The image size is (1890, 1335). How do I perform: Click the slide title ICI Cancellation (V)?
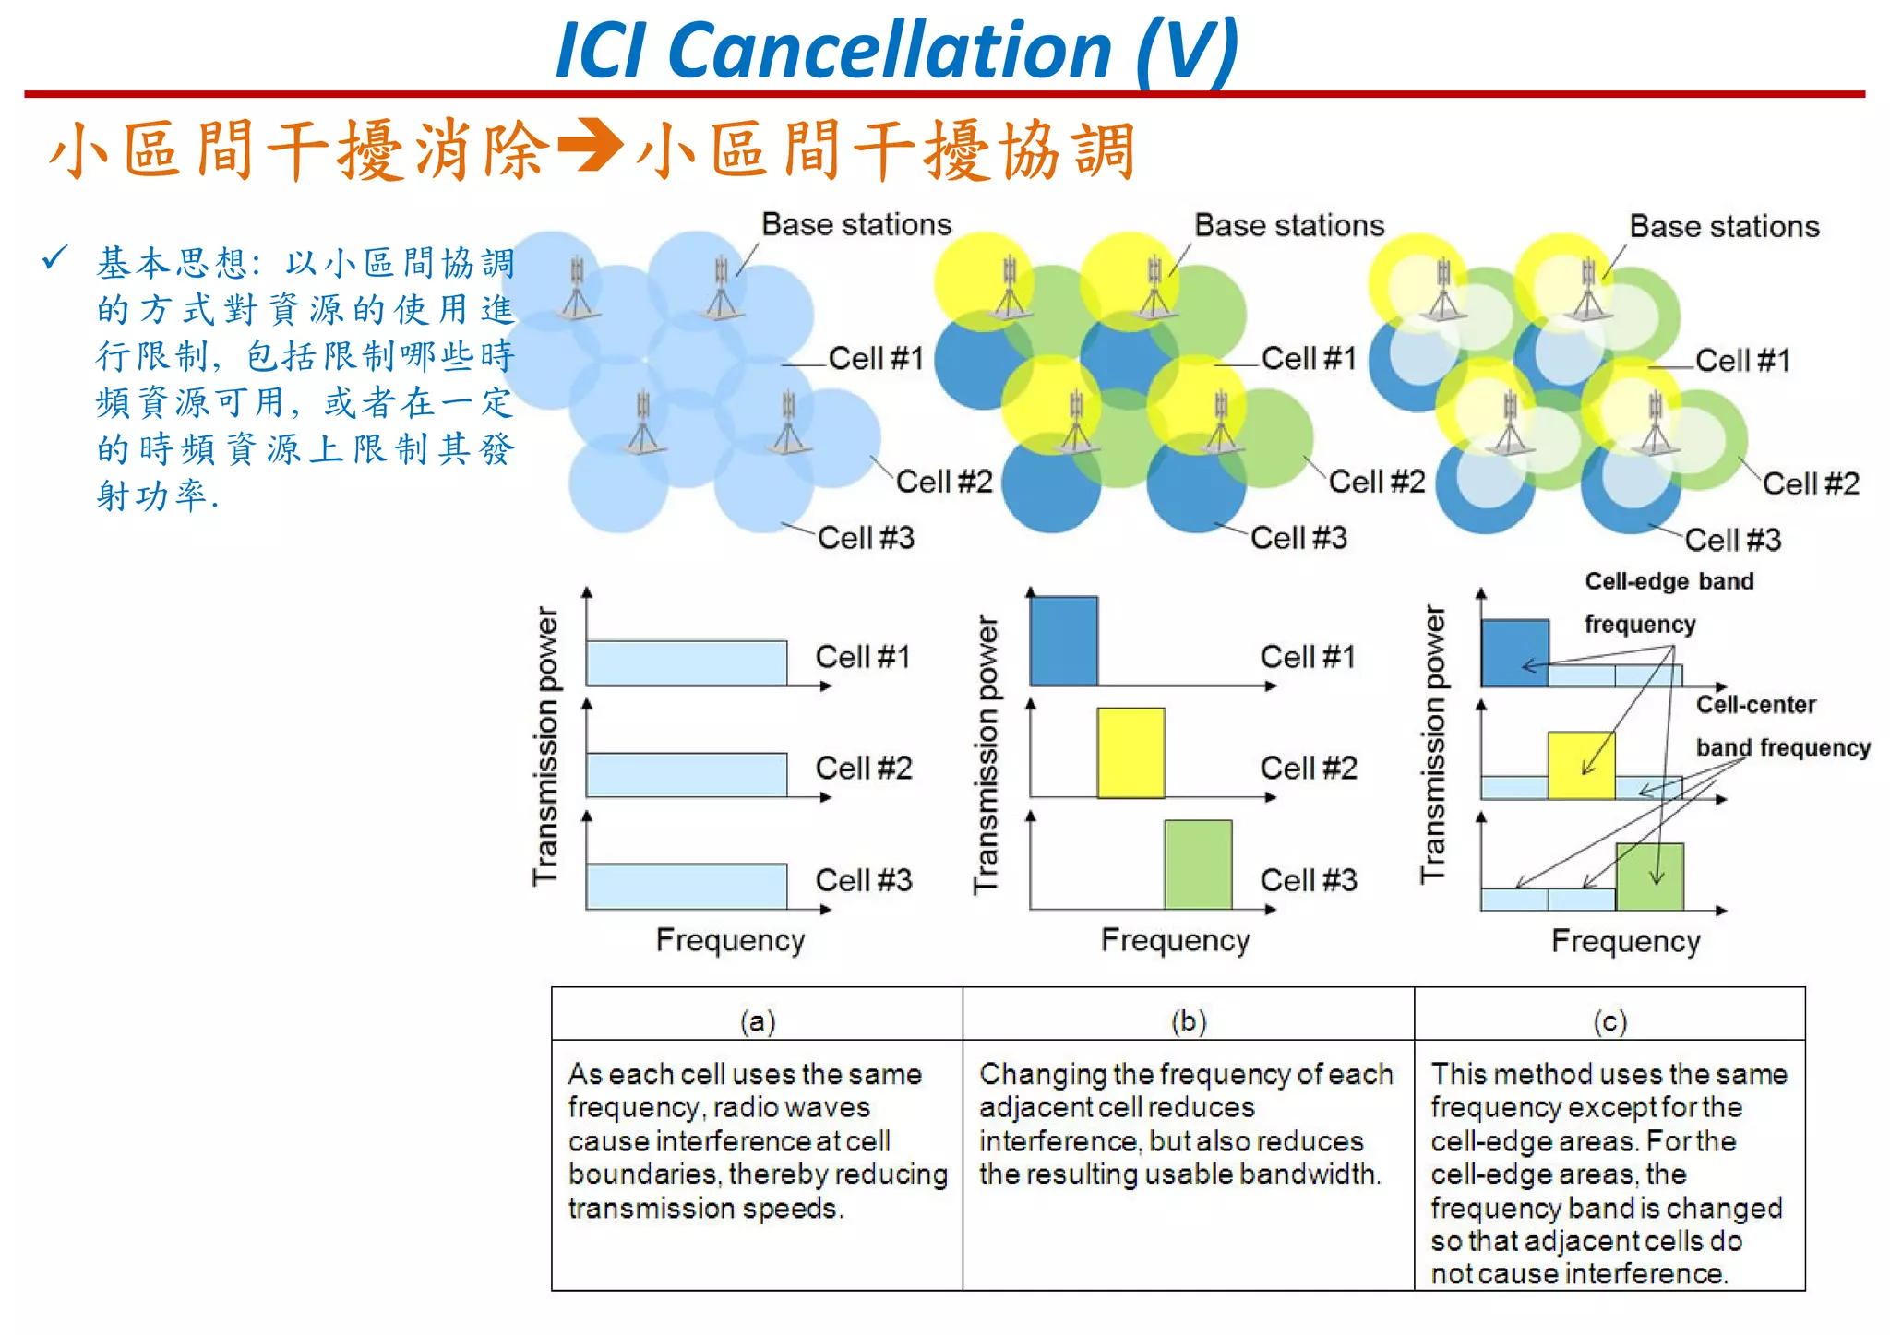[897, 50]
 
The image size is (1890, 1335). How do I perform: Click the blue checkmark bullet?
[54, 257]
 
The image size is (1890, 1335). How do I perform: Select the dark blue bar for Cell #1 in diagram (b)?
[1063, 640]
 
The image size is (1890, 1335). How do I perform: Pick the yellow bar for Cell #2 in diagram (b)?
[1130, 752]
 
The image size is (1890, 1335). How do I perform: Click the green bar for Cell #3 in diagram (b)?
[1198, 864]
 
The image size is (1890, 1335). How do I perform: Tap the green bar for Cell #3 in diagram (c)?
[1649, 876]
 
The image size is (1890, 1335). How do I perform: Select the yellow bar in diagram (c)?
[1581, 765]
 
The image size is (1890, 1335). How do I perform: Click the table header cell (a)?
[757, 1020]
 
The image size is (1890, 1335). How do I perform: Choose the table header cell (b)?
[1188, 1020]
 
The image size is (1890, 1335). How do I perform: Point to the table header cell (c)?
[1609, 1020]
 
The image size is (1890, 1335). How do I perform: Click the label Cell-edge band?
[1669, 581]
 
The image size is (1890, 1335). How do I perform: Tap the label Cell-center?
[1755, 705]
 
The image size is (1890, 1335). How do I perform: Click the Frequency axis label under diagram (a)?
[730, 940]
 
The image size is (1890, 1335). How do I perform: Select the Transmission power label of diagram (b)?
[986, 755]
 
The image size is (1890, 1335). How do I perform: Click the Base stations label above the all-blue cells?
[855, 224]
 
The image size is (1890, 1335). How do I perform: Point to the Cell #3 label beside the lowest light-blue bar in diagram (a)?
[863, 879]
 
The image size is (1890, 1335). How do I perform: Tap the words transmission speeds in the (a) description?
[704, 1208]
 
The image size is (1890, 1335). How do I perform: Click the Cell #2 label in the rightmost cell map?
[1810, 483]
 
